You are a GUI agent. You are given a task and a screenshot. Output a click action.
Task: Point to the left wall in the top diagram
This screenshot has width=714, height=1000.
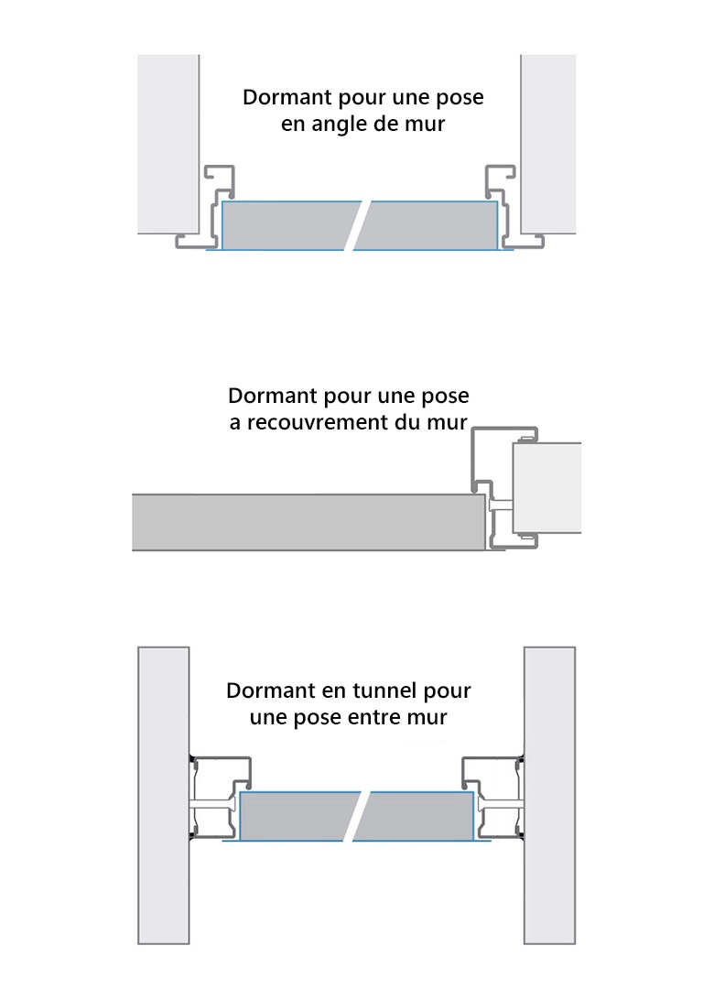click(x=168, y=142)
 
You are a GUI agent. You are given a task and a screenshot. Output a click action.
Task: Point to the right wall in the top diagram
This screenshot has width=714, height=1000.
click(x=548, y=142)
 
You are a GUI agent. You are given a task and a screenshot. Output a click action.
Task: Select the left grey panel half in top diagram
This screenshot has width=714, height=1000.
click(x=288, y=225)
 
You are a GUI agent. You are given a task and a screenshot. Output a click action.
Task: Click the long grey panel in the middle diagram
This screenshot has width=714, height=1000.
click(x=307, y=522)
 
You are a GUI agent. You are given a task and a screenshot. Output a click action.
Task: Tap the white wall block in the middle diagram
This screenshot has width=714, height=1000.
click(x=547, y=487)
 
